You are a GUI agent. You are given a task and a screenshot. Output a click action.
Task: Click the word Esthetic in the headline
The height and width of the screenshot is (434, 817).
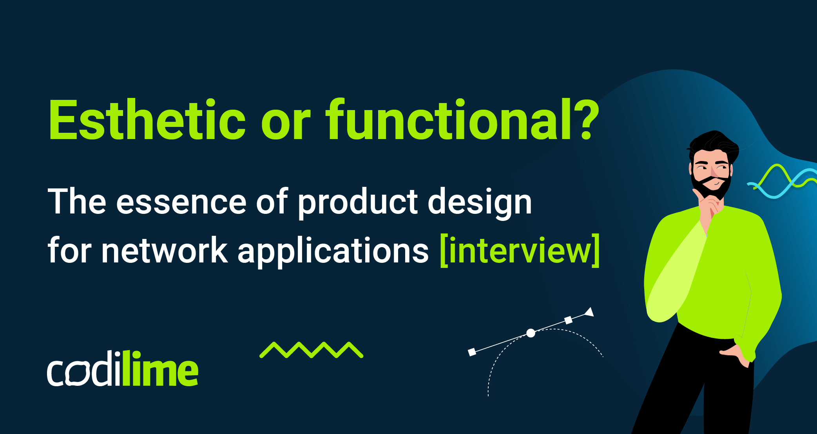[147, 121]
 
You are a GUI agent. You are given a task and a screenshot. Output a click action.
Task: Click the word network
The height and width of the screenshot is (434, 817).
[165, 251]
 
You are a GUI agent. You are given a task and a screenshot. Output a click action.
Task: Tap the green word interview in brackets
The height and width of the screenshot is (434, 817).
[520, 251]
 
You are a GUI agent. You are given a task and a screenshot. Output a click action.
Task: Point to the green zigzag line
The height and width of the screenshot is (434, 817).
[311, 350]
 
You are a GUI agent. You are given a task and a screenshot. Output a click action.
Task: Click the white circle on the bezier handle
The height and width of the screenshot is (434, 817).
[531, 333]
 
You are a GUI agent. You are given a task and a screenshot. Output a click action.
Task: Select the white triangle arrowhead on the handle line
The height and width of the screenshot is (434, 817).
[589, 312]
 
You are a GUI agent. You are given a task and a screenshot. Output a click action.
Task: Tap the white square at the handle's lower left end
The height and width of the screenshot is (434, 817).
[472, 352]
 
